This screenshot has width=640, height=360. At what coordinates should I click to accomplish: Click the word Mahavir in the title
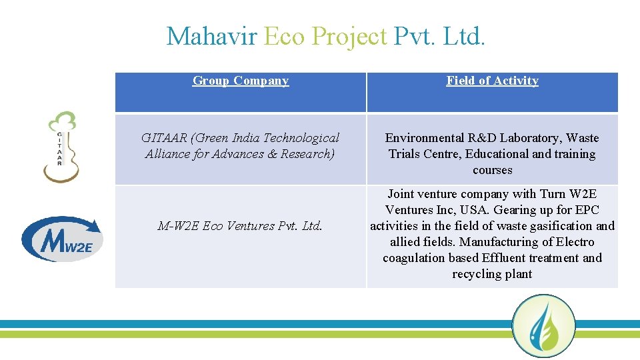pyautogui.click(x=211, y=36)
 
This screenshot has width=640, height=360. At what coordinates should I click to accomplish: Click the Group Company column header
pyautogui.click(x=241, y=81)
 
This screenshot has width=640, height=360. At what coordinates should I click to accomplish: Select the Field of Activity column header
pyautogui.click(x=492, y=81)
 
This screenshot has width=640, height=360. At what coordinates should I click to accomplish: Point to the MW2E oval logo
pyautogui.click(x=62, y=238)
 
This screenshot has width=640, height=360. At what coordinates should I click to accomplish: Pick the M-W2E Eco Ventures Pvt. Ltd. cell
pyautogui.click(x=240, y=226)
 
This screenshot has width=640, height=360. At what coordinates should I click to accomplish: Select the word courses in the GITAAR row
pyautogui.click(x=492, y=170)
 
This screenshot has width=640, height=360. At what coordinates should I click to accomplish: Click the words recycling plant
pyautogui.click(x=492, y=274)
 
